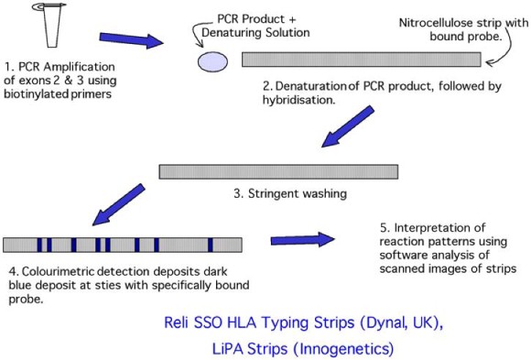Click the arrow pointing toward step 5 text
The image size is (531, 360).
tap(302, 241)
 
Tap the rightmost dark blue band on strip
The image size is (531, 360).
tap(210, 245)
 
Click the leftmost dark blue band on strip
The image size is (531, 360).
tap(39, 245)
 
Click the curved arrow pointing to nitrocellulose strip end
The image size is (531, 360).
tap(500, 57)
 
